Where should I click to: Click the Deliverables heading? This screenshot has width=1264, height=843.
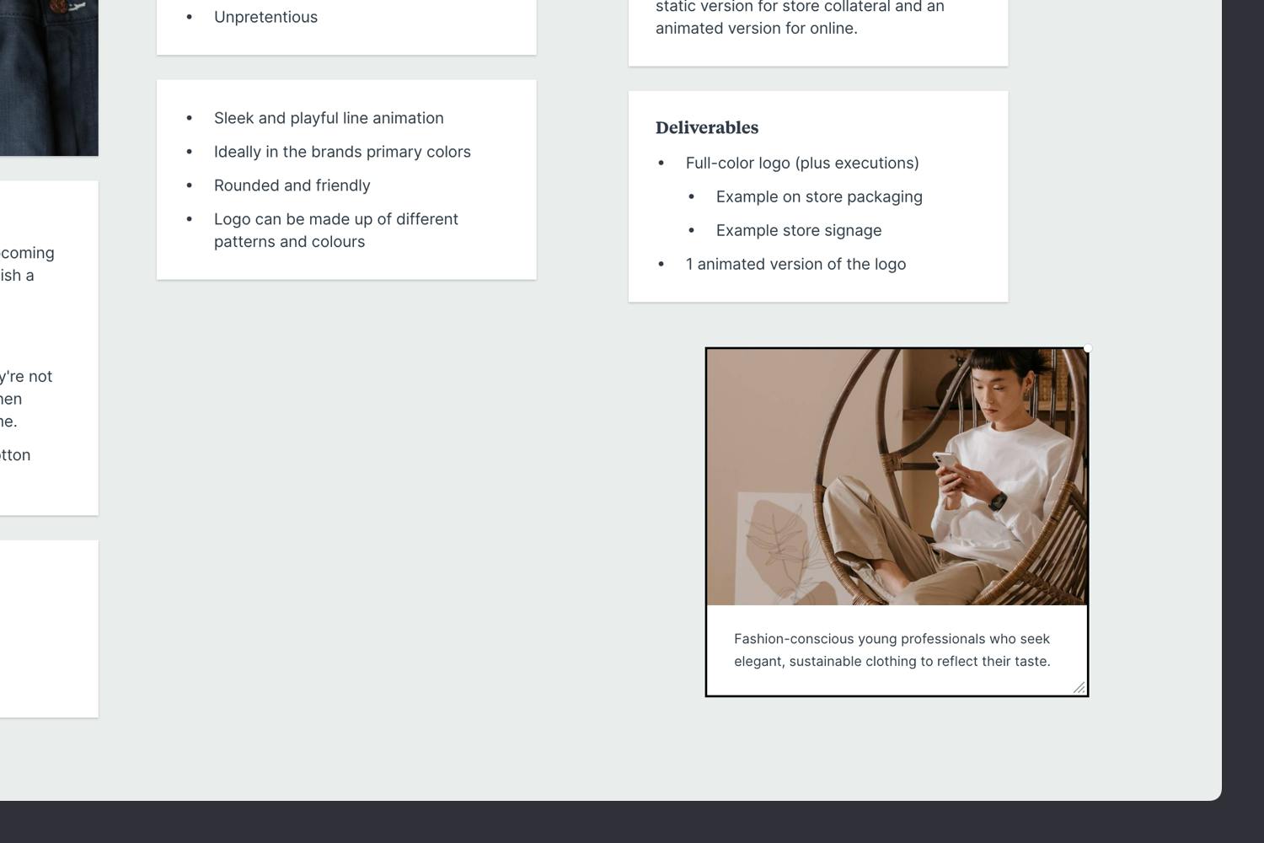tap(707, 128)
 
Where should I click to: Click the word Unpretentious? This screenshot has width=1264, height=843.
tap(265, 17)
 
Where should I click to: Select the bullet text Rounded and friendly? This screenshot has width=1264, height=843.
tap(292, 185)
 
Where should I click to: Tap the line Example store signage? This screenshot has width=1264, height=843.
tap(798, 230)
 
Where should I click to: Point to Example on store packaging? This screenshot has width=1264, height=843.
tap(818, 196)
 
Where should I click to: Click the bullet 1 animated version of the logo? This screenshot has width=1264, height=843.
tap(795, 264)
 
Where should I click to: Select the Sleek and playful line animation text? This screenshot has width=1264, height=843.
tap(329, 118)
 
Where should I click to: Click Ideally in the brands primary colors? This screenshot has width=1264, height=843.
tap(342, 152)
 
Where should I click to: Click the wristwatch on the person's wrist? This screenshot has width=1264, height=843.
tap(998, 501)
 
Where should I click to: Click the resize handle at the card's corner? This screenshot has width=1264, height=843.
tap(1079, 688)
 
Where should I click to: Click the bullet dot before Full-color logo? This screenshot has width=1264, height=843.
tap(661, 164)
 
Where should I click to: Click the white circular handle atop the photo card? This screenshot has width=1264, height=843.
tap(1088, 348)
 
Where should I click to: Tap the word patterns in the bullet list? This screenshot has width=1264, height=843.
tap(244, 242)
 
